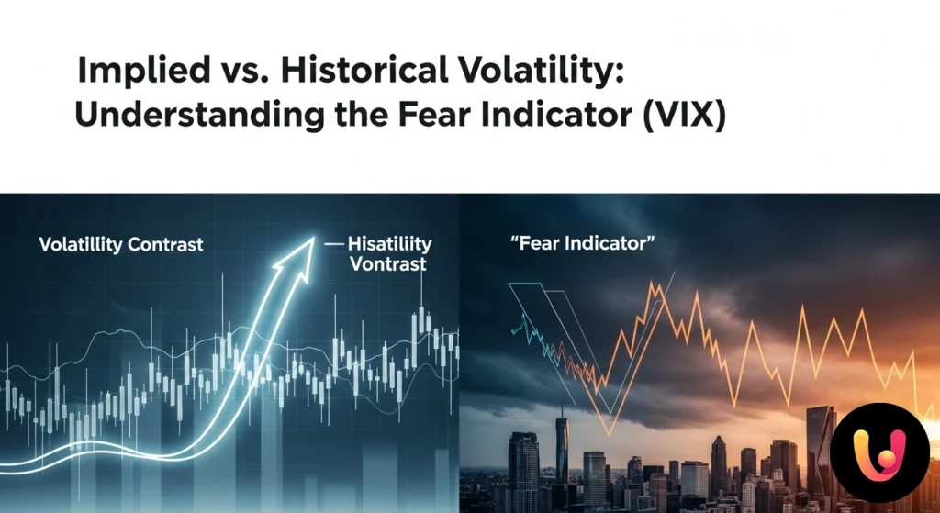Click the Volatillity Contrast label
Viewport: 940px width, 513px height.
tap(120, 245)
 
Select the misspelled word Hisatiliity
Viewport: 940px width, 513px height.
tap(388, 244)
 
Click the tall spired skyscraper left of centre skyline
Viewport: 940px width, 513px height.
tap(562, 459)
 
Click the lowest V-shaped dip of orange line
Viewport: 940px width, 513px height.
tap(607, 431)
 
